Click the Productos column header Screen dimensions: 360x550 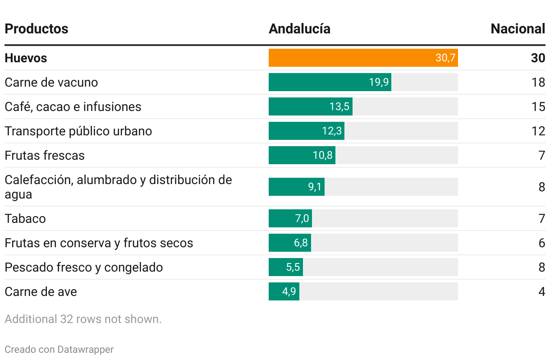(x=37, y=29)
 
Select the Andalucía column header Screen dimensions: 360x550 (x=299, y=29)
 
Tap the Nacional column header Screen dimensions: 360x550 (x=518, y=29)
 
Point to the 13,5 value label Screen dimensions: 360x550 (x=339, y=107)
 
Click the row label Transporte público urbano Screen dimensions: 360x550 (x=78, y=131)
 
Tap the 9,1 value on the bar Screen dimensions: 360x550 (x=315, y=187)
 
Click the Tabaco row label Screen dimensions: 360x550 (x=25, y=219)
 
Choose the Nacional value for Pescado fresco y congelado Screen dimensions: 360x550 (x=541, y=267)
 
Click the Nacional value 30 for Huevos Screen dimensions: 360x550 (x=538, y=58)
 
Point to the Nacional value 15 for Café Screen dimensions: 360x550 (x=538, y=107)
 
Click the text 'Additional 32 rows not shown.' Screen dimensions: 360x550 (x=83, y=319)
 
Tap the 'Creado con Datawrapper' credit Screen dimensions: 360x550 (x=59, y=350)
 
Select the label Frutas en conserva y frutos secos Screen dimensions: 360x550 (x=99, y=243)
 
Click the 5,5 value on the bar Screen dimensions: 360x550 (x=293, y=268)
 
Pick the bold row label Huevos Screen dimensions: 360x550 (x=26, y=58)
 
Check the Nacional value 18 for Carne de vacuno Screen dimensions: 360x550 (x=538, y=83)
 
